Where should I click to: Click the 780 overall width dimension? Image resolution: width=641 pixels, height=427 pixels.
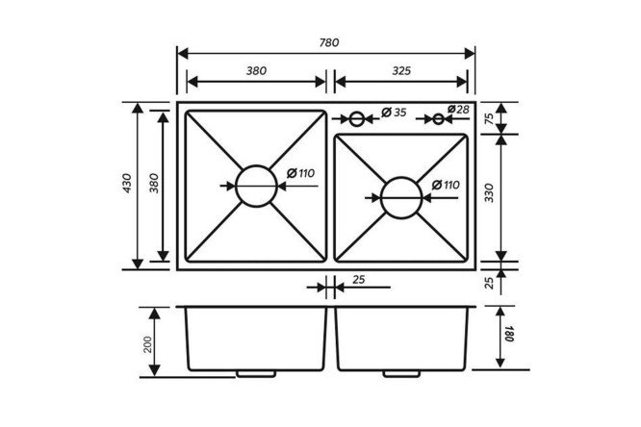click(x=329, y=42)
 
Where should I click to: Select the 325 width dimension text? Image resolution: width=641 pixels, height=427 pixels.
click(x=401, y=71)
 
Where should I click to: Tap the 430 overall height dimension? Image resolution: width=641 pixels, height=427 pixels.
click(x=127, y=183)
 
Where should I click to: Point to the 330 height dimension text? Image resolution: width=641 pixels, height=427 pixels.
click(x=489, y=193)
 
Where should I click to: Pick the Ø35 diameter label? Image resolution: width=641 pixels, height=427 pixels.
click(x=394, y=112)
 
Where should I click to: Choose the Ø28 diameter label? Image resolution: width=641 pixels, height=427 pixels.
click(x=458, y=109)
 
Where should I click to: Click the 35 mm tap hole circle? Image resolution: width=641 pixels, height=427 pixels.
click(x=356, y=112)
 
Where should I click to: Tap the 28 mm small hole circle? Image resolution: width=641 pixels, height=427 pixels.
click(x=438, y=113)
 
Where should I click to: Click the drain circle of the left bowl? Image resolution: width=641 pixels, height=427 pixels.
click(x=257, y=165)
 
